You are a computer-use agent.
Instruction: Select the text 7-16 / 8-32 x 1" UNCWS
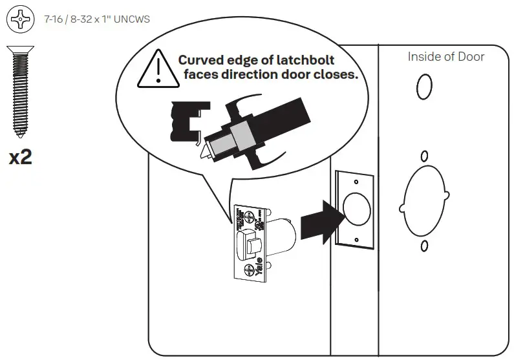pos(97,19)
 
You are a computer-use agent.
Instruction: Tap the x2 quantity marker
pos(20,158)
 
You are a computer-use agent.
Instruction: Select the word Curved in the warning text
pos(200,60)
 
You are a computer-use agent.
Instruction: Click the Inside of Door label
pos(445,57)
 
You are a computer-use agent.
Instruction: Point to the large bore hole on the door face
pos(424,201)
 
